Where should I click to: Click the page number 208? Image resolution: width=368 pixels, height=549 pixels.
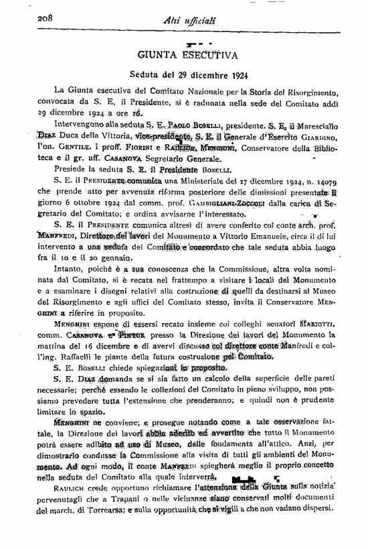(27, 17)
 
